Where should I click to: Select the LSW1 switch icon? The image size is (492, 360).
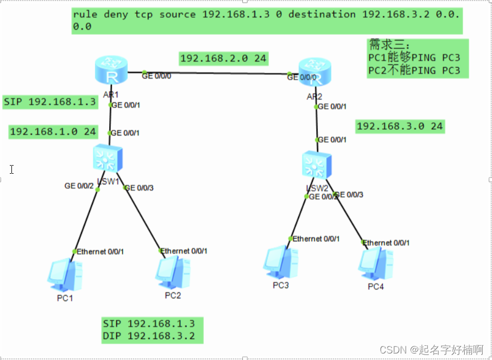click(x=108, y=159)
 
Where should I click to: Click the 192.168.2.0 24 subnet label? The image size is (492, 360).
click(x=224, y=58)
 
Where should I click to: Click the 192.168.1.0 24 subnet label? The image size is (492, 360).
click(x=53, y=131)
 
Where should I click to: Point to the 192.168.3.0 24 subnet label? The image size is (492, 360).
click(x=400, y=127)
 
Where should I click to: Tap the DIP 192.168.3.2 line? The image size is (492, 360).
click(x=148, y=336)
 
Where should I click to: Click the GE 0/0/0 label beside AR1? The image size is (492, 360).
click(x=156, y=76)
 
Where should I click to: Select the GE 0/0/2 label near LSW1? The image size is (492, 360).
click(x=79, y=186)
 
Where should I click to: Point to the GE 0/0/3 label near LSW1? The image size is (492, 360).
click(x=139, y=187)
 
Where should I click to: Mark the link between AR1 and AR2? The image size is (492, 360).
click(x=217, y=73)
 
